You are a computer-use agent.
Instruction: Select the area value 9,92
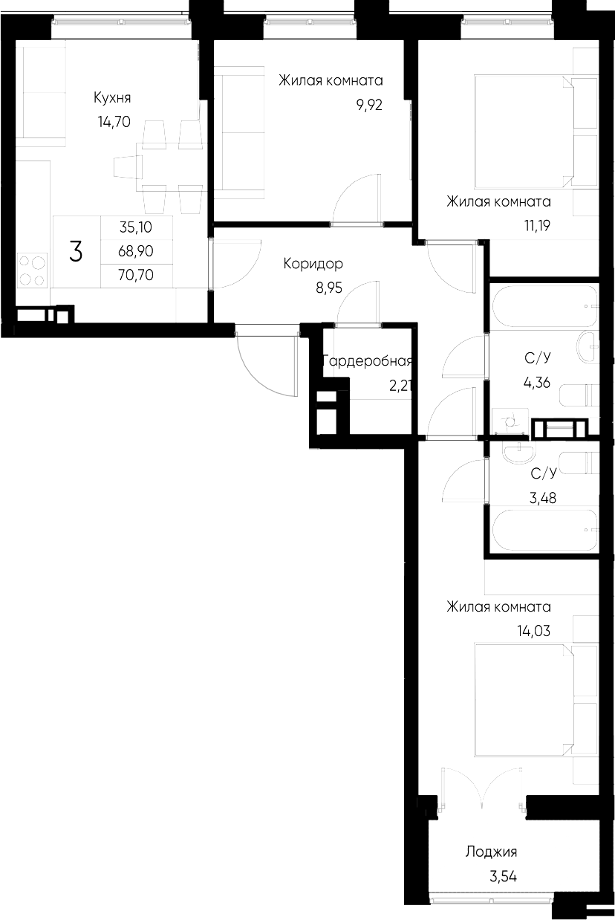point(369,105)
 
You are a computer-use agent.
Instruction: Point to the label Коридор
point(313,264)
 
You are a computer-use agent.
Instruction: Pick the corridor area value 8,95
point(328,288)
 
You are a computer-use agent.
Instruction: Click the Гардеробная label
point(367,362)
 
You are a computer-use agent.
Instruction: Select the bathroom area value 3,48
point(542,496)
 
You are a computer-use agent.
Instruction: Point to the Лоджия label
point(491,852)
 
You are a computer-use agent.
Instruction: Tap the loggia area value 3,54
point(502,877)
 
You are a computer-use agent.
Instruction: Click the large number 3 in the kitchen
point(76,252)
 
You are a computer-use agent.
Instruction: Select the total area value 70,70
point(136,276)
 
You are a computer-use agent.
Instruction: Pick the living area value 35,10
point(136,228)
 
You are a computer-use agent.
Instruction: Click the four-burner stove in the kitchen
point(32,270)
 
